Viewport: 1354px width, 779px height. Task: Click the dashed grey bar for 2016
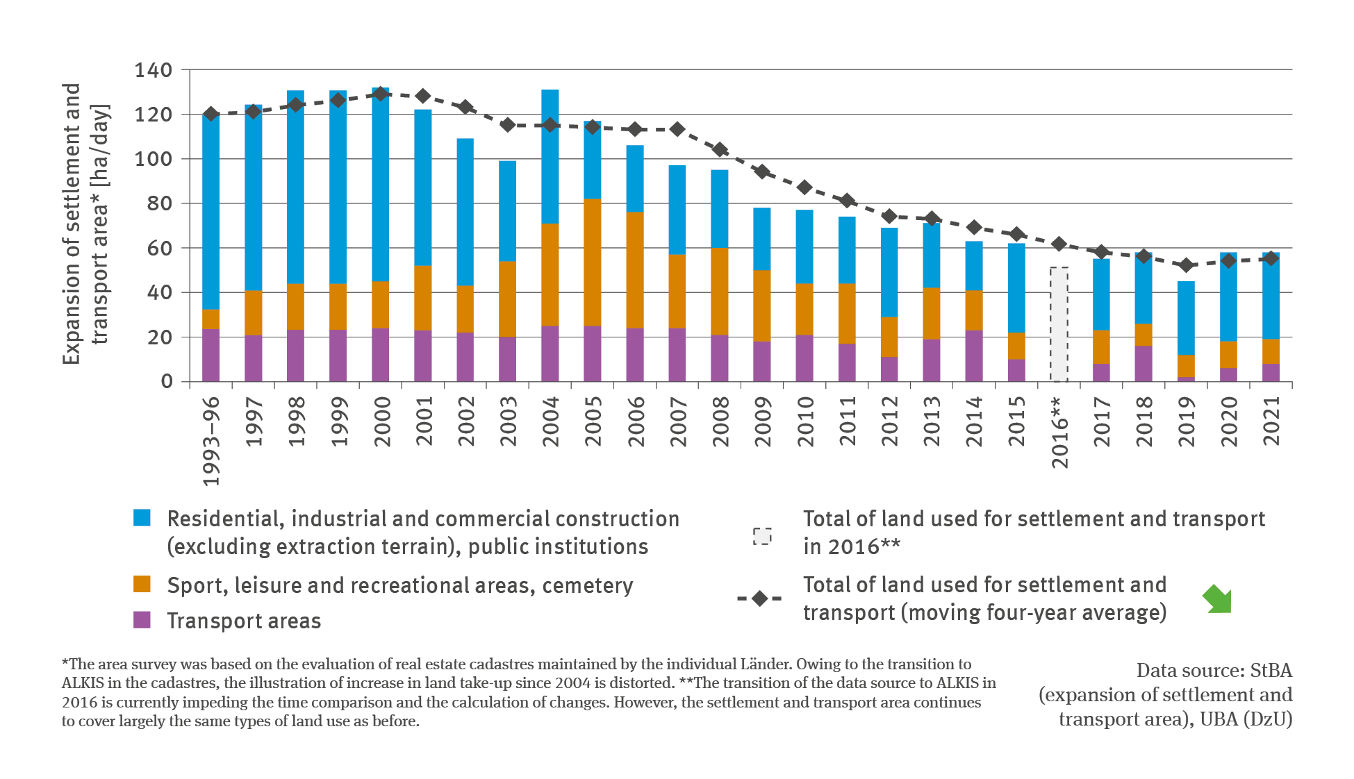1059,324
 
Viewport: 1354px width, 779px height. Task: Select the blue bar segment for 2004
550,156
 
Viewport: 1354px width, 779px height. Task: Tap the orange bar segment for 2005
593,262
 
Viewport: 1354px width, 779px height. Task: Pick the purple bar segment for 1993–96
211,355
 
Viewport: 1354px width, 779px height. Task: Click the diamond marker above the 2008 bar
720,149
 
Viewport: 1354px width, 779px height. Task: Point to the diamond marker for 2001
423,96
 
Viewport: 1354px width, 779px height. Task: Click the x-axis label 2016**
1059,432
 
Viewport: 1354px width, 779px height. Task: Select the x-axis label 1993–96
211,441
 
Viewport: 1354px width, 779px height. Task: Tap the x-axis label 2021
1271,421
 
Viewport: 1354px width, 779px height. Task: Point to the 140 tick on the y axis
153,70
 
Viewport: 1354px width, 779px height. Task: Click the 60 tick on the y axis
158,248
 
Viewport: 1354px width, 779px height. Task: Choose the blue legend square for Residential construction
142,518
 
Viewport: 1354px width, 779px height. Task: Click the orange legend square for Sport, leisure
142,584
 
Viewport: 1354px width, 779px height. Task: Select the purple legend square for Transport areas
142,620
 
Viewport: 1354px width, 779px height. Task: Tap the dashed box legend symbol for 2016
762,537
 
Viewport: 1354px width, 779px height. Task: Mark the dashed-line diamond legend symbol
759,598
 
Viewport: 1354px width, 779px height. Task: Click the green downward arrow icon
1217,599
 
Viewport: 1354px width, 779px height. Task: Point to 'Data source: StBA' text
1214,671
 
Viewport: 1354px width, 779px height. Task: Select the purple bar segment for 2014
974,355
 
